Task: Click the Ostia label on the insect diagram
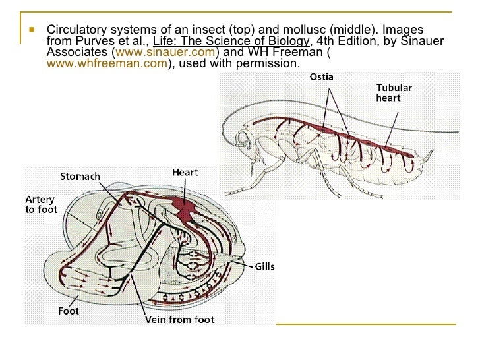[x=322, y=77]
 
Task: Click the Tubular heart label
[x=395, y=92]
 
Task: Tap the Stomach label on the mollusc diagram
[x=80, y=176]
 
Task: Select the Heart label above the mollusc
[x=185, y=173]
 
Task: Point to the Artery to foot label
[x=41, y=204]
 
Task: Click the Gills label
[x=264, y=266]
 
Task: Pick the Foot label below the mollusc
[x=69, y=311]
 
